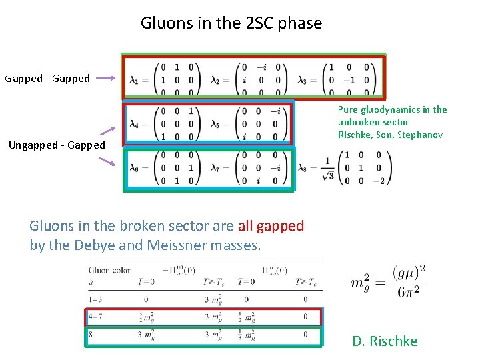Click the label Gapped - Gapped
point(47,79)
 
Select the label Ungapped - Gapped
point(57,145)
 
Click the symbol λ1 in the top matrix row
point(135,79)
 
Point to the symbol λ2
point(216,79)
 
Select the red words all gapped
point(271,226)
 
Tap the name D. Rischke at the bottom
point(385,341)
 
